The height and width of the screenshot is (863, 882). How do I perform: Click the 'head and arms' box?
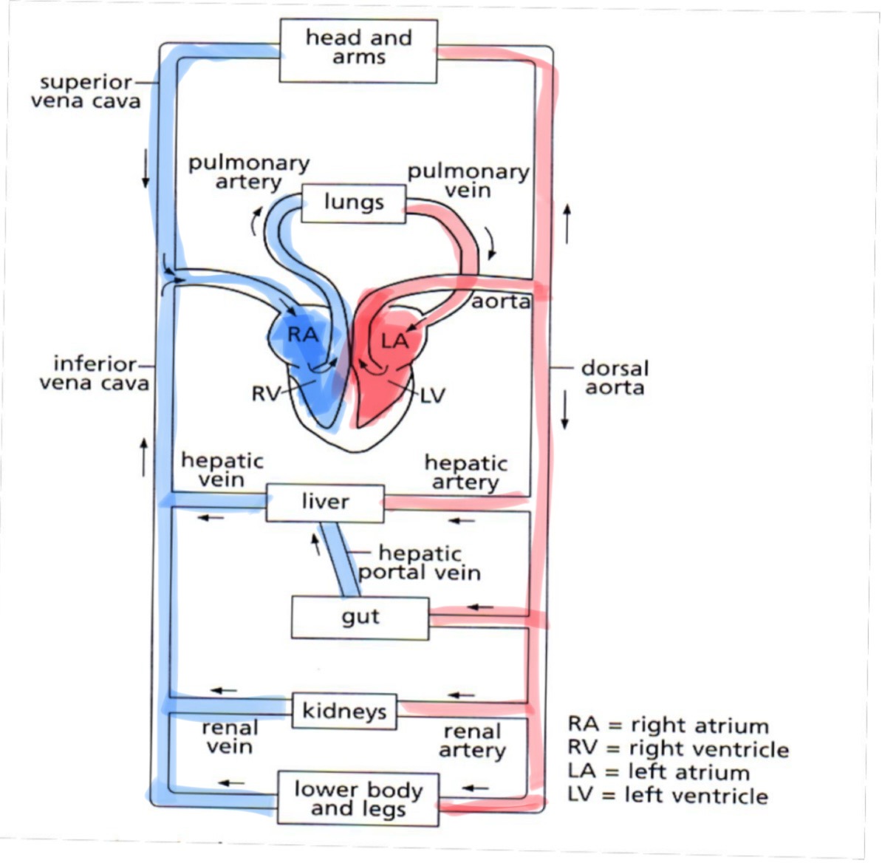pyautogui.click(x=358, y=50)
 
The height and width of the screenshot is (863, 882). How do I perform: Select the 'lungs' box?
pyautogui.click(x=354, y=202)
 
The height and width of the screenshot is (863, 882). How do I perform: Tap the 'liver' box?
pyautogui.click(x=325, y=502)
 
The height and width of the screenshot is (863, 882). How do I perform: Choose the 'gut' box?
pyautogui.click(x=360, y=618)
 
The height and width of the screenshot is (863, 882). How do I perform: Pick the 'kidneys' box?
pyautogui.click(x=344, y=712)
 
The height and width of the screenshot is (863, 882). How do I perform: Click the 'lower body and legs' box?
pyautogui.click(x=358, y=799)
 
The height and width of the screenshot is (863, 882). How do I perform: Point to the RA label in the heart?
pyautogui.click(x=303, y=335)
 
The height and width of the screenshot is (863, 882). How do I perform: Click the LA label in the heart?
pyautogui.click(x=394, y=341)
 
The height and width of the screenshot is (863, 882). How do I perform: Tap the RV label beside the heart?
pyautogui.click(x=266, y=394)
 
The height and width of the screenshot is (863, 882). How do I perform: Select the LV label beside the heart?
pyautogui.click(x=434, y=395)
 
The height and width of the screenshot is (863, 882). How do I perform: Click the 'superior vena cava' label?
pyautogui.click(x=86, y=92)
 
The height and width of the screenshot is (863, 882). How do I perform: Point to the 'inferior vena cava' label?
pyautogui.click(x=94, y=373)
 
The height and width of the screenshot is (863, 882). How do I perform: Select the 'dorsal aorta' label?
pyautogui.click(x=615, y=378)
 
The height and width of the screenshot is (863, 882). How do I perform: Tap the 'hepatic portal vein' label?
pyautogui.click(x=420, y=563)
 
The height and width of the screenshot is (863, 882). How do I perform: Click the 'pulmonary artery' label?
pyautogui.click(x=248, y=172)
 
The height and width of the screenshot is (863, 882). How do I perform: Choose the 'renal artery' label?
pyautogui.click(x=472, y=741)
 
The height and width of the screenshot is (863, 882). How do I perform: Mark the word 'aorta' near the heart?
pyautogui.click(x=501, y=301)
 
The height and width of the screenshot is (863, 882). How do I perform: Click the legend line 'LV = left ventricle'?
pyautogui.click(x=668, y=796)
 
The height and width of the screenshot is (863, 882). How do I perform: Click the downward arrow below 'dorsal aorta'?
pyautogui.click(x=565, y=411)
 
